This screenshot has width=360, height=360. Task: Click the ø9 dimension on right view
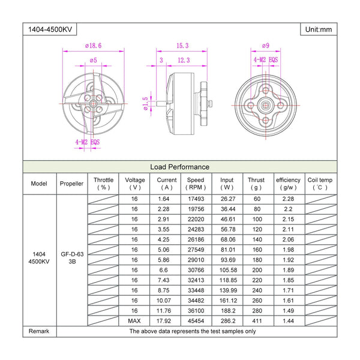[x=266, y=46]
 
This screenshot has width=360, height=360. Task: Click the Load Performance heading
[x=179, y=167]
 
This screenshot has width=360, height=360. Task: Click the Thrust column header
[x=256, y=184]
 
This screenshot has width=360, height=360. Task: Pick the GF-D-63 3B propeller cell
[x=72, y=257]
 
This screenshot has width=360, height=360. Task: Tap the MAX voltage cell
[x=134, y=320]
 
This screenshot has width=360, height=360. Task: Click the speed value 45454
[x=196, y=320]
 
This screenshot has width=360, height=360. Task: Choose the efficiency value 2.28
[x=288, y=199]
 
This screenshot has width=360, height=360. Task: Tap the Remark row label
[x=39, y=331]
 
